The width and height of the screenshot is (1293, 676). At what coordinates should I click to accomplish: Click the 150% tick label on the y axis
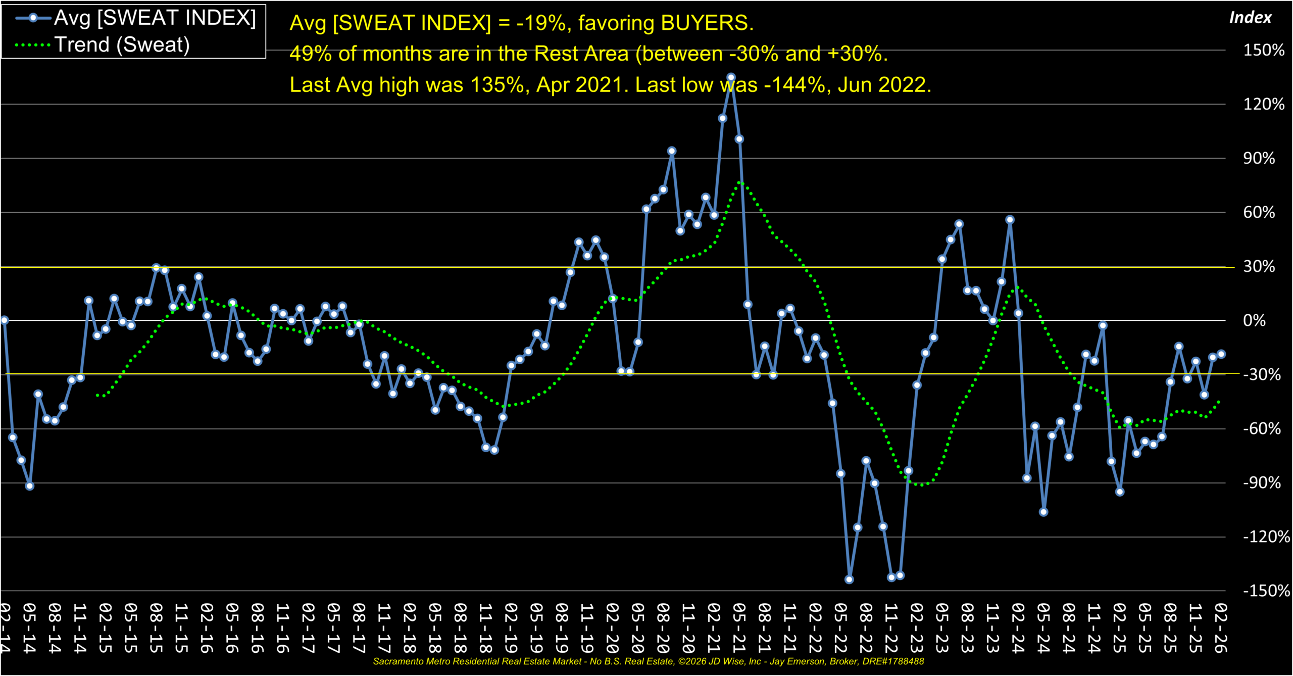point(1263,50)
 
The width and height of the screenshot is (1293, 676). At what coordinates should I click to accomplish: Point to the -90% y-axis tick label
point(1261,482)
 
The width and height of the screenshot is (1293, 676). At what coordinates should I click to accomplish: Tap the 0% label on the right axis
point(1254,320)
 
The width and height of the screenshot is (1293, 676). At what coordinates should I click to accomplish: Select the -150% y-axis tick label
point(1266,591)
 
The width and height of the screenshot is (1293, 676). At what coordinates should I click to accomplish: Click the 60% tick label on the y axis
point(1259,212)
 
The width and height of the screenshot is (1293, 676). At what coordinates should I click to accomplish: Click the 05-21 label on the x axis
point(739,627)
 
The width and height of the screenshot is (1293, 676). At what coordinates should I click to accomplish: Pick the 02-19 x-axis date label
point(511,627)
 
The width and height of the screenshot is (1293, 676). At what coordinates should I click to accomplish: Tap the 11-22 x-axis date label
point(891,627)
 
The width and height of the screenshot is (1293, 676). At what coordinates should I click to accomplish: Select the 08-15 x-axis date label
point(156,627)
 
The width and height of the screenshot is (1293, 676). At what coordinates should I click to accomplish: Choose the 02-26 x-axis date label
point(1220,627)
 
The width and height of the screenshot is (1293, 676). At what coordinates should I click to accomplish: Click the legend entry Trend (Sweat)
point(122,45)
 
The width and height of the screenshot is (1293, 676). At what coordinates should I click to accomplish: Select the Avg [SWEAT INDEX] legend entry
point(155,18)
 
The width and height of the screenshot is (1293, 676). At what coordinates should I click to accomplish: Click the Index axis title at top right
point(1250,18)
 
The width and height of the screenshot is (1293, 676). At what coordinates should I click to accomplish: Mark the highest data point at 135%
point(731,78)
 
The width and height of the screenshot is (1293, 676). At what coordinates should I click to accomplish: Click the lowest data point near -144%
point(849,580)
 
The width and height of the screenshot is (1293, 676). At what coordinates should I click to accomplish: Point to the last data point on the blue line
point(1221,354)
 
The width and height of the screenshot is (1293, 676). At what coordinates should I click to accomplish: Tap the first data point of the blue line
point(4,320)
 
